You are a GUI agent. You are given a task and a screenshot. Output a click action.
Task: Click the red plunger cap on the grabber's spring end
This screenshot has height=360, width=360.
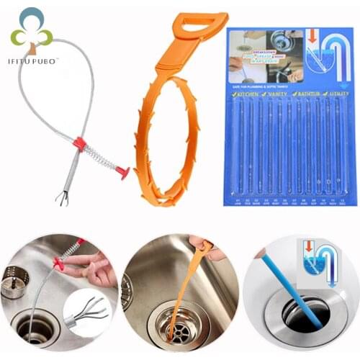coord(125,173)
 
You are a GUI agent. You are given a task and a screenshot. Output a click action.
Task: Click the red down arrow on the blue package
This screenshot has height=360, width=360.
coord(312,37)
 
